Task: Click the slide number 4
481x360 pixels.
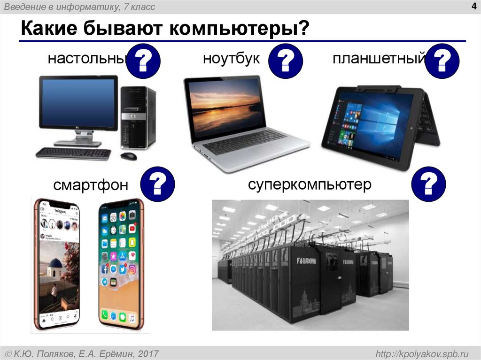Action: coord(473,6)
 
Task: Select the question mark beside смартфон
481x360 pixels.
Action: coord(158,183)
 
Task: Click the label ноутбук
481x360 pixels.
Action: coord(231,59)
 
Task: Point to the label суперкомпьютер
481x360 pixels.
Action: coord(310,184)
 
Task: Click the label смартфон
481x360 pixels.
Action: coord(91,185)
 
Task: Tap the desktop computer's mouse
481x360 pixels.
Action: coord(128,156)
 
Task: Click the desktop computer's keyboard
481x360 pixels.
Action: coord(73,153)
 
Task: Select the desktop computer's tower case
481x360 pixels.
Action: coord(138,117)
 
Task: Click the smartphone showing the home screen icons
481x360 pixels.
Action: coord(121,265)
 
